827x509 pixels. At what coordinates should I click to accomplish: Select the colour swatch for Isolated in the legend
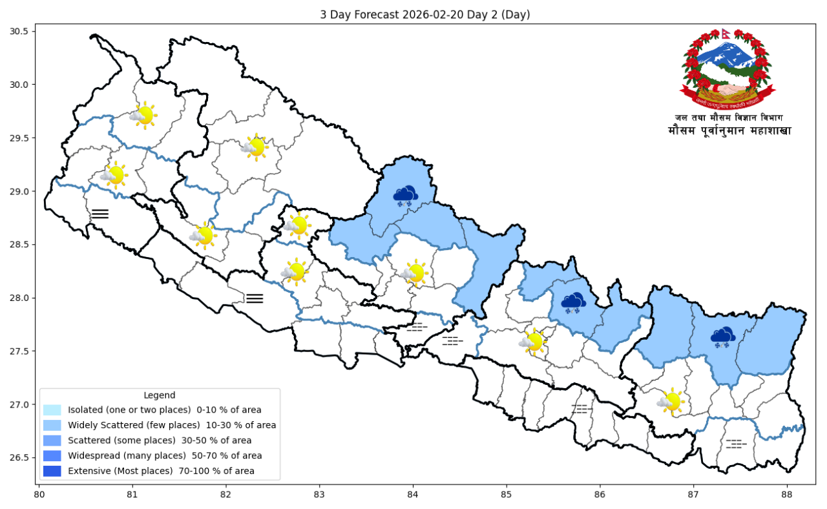(52, 410)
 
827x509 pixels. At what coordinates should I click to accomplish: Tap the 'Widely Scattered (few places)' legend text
(171, 425)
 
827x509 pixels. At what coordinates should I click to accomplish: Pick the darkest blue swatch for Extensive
(52, 471)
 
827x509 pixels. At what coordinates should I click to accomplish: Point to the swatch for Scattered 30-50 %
(52, 441)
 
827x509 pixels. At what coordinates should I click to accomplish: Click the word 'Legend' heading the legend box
(159, 395)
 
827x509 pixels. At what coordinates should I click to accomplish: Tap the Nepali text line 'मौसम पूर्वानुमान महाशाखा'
(729, 131)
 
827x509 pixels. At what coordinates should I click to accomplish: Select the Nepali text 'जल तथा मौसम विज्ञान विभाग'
(729, 118)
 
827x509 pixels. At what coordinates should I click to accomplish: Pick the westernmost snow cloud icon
(406, 196)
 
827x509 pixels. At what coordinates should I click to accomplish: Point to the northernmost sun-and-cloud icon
(143, 115)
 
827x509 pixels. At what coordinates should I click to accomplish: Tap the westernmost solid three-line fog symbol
(100, 214)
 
